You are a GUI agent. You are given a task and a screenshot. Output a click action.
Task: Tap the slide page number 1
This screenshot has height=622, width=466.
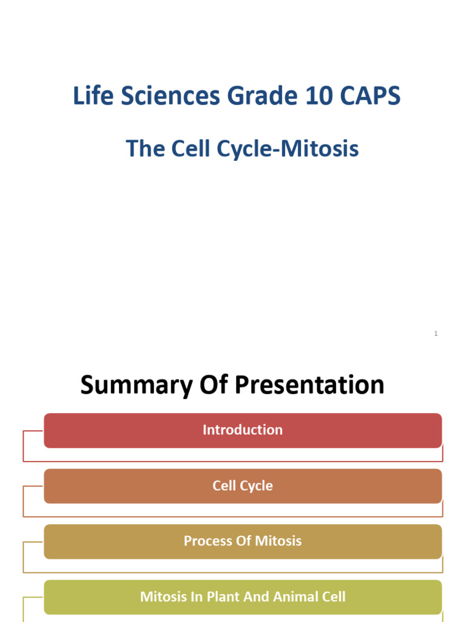436,333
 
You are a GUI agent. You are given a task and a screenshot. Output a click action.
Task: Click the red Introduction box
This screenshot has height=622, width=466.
243,430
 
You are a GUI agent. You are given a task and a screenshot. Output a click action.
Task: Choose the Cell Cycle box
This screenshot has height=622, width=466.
243,486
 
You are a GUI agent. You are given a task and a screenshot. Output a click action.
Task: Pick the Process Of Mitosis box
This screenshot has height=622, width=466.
243,541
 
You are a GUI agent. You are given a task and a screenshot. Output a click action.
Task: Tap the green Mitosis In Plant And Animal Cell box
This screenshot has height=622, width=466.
243,596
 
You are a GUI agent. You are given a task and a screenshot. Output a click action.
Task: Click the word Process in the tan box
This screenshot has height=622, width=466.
206,541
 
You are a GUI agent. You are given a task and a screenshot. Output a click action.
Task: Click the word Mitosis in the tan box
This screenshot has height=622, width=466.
278,541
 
